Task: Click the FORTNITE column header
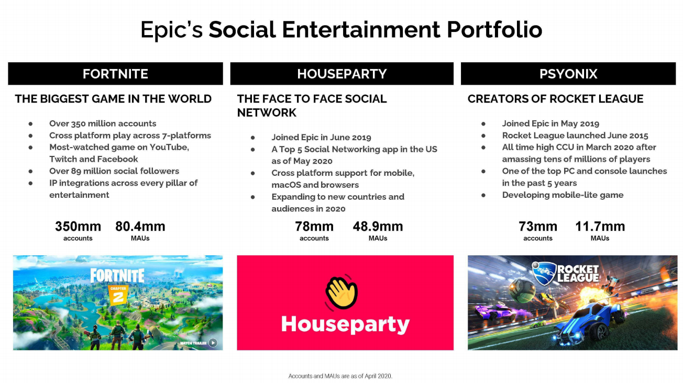click(115, 74)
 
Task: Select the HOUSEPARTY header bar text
click(342, 74)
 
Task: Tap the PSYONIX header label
click(568, 74)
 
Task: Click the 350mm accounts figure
click(78, 227)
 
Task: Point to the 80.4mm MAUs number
click(140, 227)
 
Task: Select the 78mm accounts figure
click(314, 227)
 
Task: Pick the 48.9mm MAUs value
click(378, 227)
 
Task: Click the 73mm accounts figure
click(538, 227)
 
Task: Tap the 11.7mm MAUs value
click(600, 227)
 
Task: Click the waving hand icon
click(341, 292)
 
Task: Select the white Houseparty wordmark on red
click(345, 324)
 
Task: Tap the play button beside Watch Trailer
click(213, 343)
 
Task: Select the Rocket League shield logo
click(544, 273)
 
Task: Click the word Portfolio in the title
click(494, 30)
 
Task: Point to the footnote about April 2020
click(340, 376)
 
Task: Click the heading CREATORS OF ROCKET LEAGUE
click(556, 99)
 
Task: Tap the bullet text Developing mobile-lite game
click(563, 195)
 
